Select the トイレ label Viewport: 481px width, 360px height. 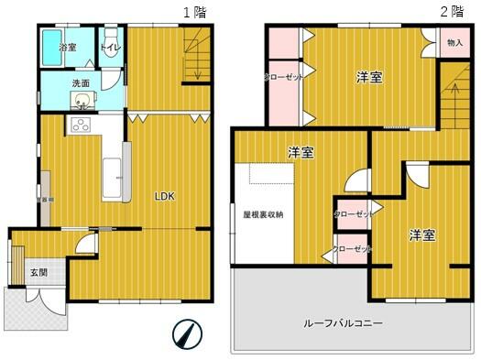[110, 45]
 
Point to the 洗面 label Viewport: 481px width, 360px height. [82, 83]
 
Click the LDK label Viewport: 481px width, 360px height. [165, 196]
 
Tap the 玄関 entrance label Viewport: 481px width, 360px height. [38, 271]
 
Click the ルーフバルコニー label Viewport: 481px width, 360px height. [344, 323]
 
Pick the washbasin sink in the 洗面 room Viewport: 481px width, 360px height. [83, 102]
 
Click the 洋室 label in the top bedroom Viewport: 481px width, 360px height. [369, 78]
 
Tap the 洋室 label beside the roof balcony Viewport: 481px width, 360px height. [421, 235]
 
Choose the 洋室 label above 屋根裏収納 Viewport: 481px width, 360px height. [301, 152]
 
